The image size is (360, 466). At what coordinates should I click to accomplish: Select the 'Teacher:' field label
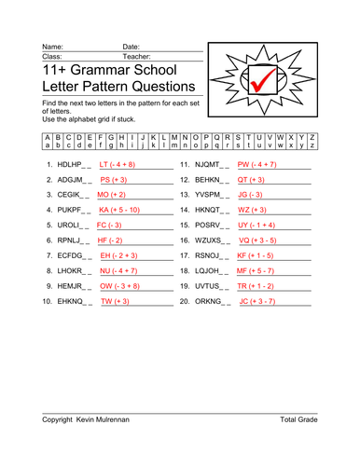click(137, 56)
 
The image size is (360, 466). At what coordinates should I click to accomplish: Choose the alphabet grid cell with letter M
click(172, 137)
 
